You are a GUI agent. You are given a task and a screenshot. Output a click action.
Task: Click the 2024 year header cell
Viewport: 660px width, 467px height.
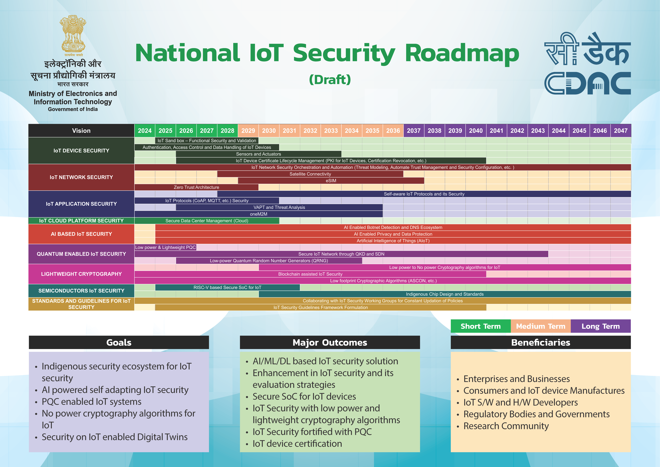coord(145,131)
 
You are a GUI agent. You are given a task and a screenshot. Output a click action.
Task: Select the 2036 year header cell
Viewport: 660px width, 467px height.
coord(393,131)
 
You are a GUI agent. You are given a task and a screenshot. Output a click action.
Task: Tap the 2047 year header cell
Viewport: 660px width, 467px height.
coord(621,131)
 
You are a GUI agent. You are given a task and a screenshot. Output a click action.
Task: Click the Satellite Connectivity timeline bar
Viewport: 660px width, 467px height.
coord(310,174)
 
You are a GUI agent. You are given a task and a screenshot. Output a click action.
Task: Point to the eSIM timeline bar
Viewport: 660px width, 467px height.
coord(331,181)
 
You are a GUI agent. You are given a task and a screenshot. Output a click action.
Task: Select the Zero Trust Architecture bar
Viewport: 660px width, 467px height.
coord(196,187)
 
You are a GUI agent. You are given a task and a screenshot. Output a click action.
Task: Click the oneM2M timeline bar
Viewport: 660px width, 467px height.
coord(258,214)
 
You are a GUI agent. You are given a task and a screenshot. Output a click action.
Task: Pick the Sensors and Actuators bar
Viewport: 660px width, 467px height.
coord(258,154)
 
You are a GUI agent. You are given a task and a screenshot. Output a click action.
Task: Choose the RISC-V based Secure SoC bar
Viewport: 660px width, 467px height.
coord(227,287)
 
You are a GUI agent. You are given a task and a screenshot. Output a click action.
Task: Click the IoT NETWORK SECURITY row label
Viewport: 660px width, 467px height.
coord(81,177)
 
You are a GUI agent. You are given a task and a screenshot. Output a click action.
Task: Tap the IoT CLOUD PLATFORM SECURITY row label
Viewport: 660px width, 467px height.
coord(81,221)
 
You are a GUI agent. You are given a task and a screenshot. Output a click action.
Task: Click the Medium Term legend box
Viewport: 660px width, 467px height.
coord(540,326)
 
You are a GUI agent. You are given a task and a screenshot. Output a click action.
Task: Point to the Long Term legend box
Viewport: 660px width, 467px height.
coord(600,326)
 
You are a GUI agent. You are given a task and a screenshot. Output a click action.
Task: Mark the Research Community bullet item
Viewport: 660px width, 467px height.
coord(506,426)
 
